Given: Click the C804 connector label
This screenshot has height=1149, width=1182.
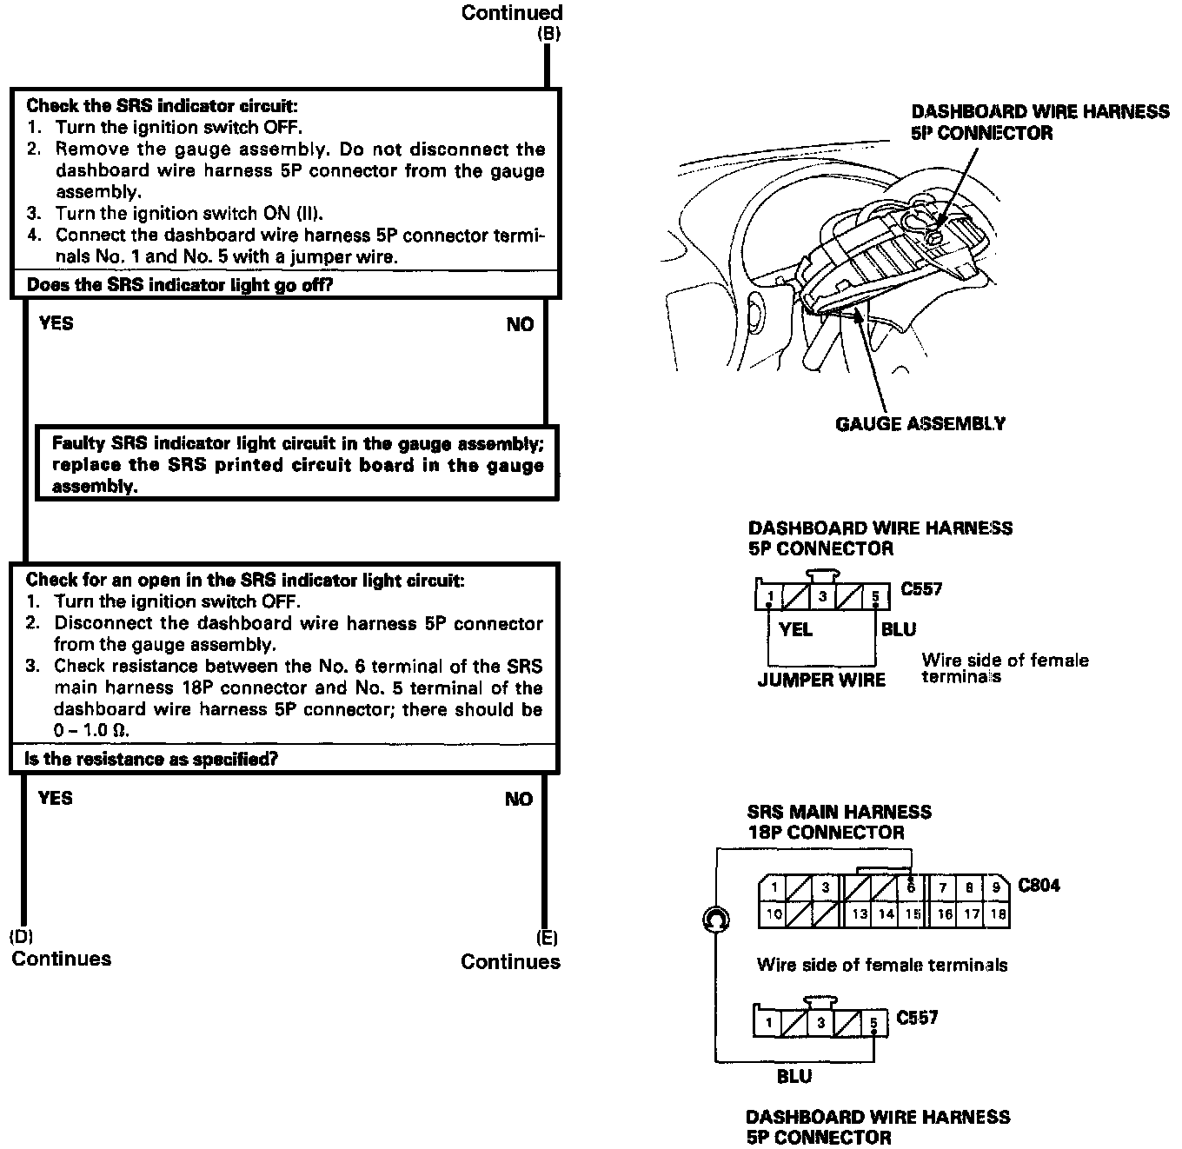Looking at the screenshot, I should (1039, 886).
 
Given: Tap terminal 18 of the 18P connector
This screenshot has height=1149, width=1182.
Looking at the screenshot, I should (998, 913).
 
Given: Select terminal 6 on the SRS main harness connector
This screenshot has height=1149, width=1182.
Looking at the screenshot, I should (911, 887).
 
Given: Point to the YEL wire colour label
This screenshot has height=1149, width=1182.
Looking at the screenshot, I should (795, 629).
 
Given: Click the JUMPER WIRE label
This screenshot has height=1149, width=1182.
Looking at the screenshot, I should (821, 680).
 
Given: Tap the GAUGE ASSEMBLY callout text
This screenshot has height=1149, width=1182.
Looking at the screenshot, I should (920, 423).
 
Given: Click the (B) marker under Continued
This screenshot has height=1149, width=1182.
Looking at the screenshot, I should (549, 34).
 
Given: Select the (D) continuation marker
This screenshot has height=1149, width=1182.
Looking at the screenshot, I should (21, 937).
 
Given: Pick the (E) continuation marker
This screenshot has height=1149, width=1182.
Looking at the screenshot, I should (548, 938).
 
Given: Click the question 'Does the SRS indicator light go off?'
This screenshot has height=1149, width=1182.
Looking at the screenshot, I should (180, 285).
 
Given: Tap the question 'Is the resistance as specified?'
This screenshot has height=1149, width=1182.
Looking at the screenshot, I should (152, 759).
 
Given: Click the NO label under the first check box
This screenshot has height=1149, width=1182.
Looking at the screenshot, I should (520, 324).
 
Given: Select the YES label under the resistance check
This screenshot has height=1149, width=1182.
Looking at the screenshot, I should (56, 798).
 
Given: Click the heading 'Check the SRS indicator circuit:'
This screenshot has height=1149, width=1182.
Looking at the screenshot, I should (162, 106).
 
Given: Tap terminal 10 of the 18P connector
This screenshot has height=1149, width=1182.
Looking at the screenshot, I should (773, 914).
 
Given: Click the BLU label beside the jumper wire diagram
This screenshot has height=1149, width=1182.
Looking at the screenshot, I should (899, 629).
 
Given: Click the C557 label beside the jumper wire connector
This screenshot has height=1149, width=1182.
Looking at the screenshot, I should (921, 589).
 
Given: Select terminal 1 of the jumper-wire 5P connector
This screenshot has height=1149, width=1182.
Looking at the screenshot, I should (770, 596).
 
